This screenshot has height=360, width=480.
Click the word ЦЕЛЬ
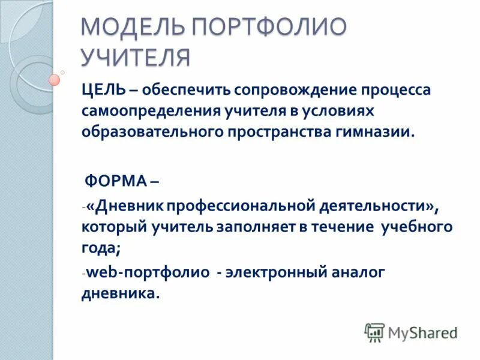[104, 90]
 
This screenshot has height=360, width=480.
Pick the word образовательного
[151, 132]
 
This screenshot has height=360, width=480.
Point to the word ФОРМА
[115, 181]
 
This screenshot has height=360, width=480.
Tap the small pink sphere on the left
[55, 79]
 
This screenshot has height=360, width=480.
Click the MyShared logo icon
[374, 331]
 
